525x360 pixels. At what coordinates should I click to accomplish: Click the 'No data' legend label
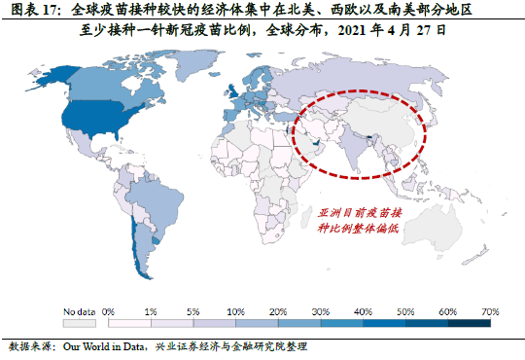coord(81,310)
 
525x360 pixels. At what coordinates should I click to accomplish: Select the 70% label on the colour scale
coord(490,310)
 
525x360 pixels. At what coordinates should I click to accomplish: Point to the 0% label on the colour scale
coord(109,310)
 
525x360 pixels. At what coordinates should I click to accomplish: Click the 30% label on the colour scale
coord(321,310)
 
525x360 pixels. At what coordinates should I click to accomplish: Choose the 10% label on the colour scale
coord(235,310)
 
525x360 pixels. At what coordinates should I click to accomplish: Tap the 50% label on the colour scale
coord(405,310)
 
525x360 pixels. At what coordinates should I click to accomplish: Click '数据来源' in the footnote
coord(29,346)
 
